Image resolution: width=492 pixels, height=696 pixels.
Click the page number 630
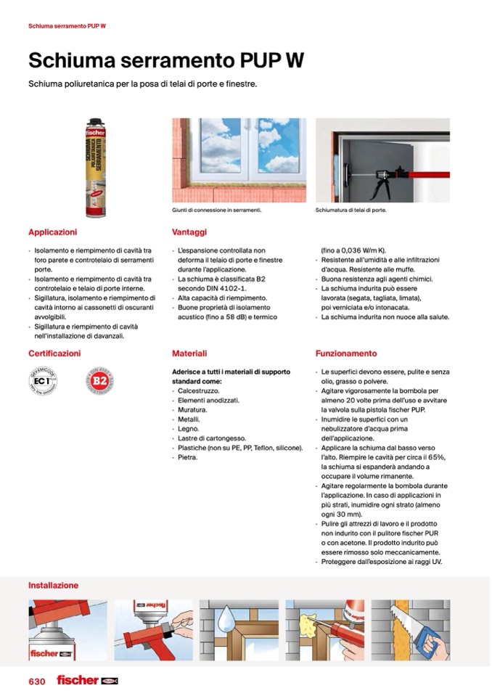[37, 681]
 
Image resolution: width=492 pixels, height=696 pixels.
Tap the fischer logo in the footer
[86, 680]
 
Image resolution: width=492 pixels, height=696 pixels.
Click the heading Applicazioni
[52, 232]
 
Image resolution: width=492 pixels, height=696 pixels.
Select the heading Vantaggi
[189, 232]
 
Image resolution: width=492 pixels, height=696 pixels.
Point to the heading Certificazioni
[54, 353]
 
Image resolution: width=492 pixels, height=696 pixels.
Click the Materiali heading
[189, 353]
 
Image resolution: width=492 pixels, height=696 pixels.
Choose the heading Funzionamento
[346, 353]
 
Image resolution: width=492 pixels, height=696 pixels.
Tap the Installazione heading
[53, 585]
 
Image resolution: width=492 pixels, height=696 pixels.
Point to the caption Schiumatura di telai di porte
[350, 210]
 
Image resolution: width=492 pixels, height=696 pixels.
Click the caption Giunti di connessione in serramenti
[216, 210]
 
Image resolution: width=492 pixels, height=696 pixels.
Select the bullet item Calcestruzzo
[194, 390]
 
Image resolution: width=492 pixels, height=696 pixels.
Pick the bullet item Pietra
[188, 457]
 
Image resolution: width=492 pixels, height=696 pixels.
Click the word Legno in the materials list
[189, 429]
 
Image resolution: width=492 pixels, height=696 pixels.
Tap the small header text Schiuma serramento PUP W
[67, 26]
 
